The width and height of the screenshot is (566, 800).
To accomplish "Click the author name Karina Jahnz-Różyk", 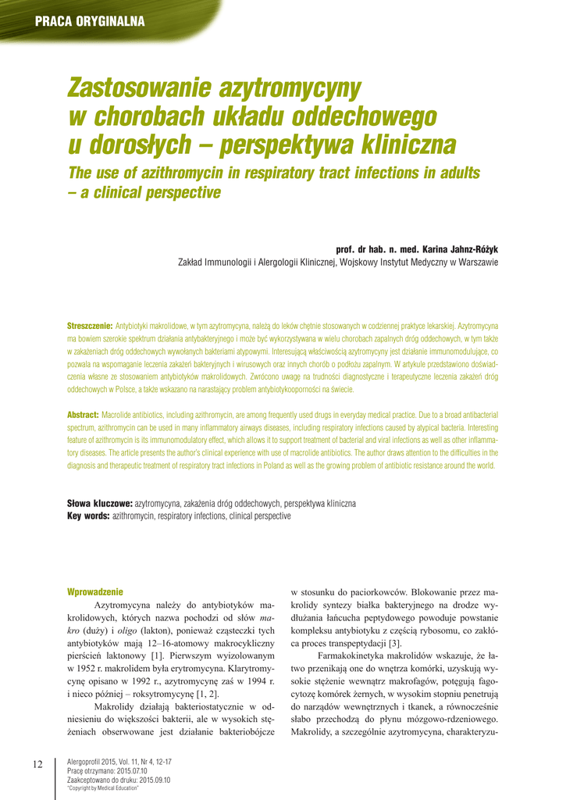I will pyautogui.click(x=456, y=249).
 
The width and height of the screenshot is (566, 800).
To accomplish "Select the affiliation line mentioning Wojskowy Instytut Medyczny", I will pyautogui.click(x=338, y=262).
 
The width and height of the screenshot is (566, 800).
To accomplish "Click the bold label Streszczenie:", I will pyautogui.click(x=90, y=324).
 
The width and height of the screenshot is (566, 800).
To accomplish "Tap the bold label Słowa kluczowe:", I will pyautogui.click(x=100, y=504).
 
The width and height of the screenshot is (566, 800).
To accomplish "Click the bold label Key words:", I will pyautogui.click(x=89, y=516).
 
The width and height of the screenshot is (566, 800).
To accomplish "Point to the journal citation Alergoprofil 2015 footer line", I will pyautogui.click(x=120, y=761).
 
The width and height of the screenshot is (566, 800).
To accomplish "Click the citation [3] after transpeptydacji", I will pyautogui.click(x=396, y=643).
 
